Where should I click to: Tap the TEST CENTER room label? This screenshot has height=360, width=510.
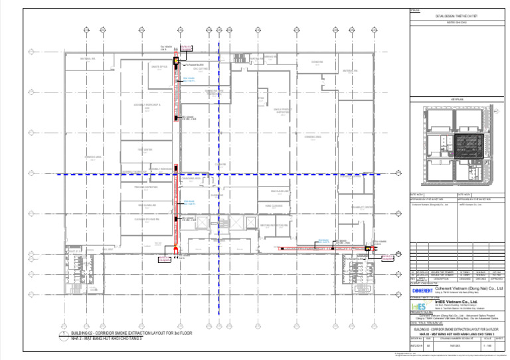click(145, 150)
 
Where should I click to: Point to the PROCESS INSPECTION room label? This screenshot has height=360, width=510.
click(145, 187)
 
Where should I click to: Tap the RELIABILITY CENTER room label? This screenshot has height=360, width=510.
click(362, 207)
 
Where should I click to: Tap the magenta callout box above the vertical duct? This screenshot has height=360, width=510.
click(187, 47)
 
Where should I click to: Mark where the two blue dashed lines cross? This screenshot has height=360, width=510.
click(219, 174)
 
